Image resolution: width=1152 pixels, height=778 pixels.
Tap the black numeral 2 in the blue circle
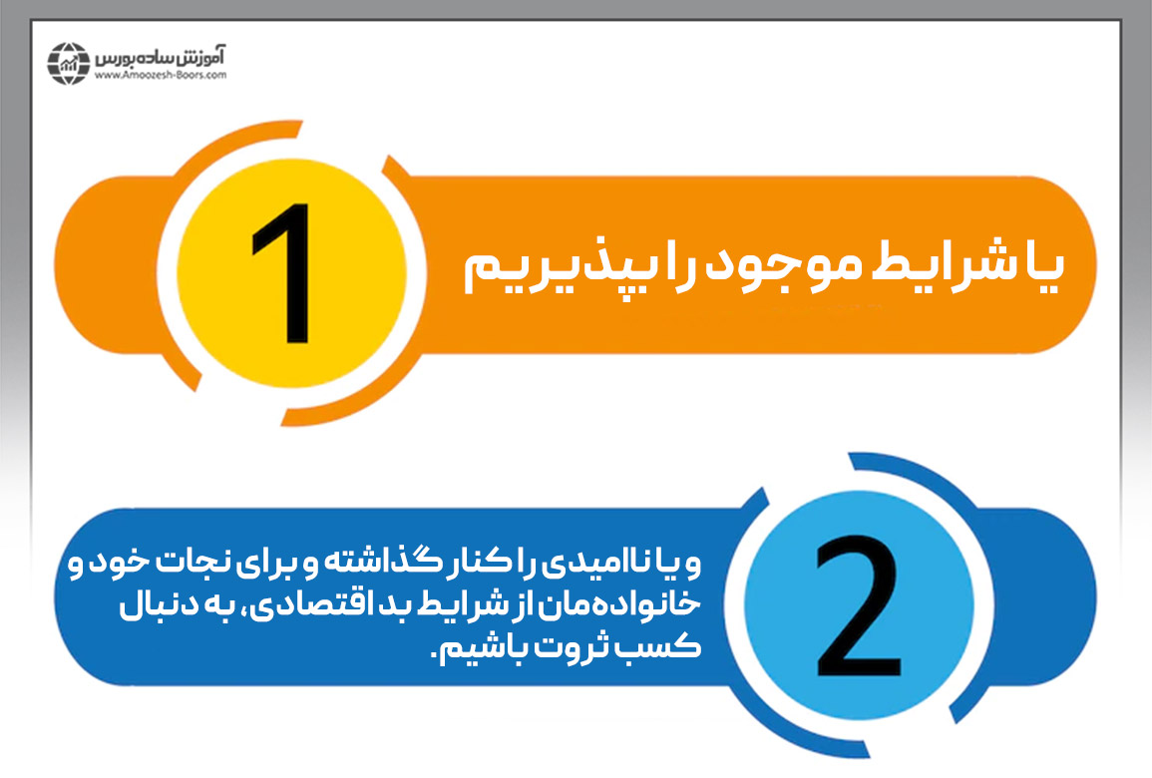[x=857, y=605]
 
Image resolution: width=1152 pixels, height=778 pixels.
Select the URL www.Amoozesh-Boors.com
[x=163, y=74]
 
